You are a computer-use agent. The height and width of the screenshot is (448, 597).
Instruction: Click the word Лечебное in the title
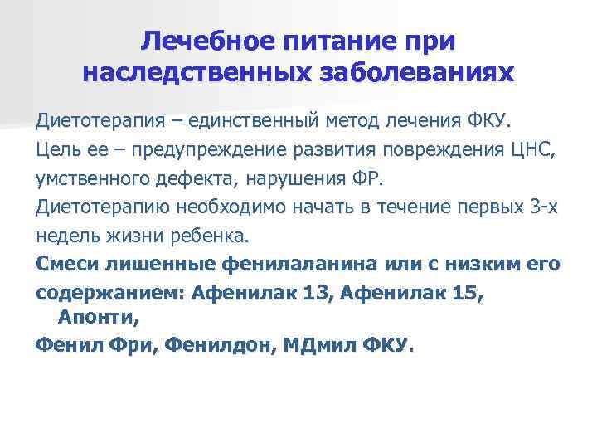click(x=198, y=41)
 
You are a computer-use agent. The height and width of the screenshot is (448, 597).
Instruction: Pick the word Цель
click(x=59, y=151)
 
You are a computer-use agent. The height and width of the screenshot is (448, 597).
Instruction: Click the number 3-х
click(x=543, y=208)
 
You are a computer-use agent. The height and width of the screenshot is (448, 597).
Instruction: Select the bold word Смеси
click(x=64, y=265)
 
